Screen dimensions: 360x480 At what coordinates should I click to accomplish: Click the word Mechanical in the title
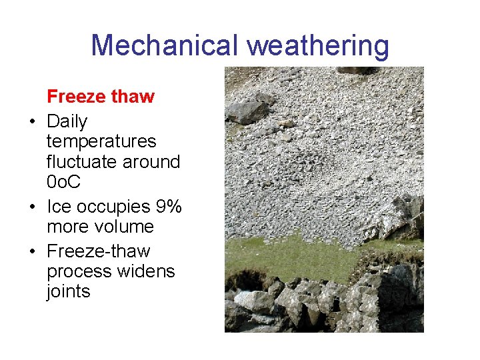pyautogui.click(x=165, y=45)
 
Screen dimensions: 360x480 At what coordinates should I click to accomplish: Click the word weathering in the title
pyautogui.click(x=317, y=45)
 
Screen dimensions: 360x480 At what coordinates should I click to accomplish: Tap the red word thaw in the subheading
pyautogui.click(x=133, y=97)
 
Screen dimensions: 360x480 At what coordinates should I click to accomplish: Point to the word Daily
pyautogui.click(x=67, y=121)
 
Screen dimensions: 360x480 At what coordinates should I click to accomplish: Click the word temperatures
pyautogui.click(x=101, y=141)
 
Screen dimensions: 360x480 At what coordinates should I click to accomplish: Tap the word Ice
pyautogui.click(x=59, y=207)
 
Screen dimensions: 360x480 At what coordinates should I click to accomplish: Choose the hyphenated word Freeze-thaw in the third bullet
pyautogui.click(x=99, y=251)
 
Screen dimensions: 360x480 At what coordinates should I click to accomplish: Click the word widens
pyautogui.click(x=144, y=271)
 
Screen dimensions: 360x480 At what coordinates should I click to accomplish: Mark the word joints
pyautogui.click(x=68, y=291)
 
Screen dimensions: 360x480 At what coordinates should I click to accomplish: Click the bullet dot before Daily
pyautogui.click(x=32, y=122)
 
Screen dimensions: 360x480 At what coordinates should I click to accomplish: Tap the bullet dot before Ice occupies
pyautogui.click(x=32, y=207)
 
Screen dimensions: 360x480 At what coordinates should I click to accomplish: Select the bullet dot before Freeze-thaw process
pyautogui.click(x=32, y=252)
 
